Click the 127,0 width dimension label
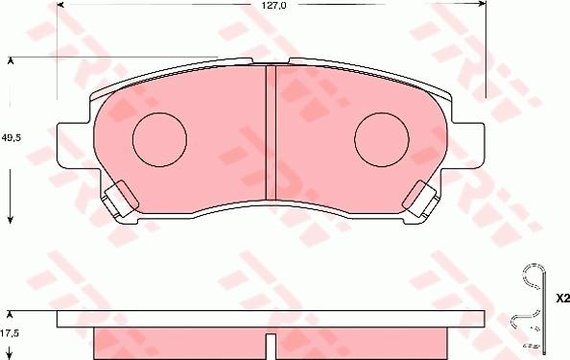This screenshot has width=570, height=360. click(x=275, y=6)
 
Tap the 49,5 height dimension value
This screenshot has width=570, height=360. click(x=12, y=137)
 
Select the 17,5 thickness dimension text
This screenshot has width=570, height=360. click(x=10, y=332)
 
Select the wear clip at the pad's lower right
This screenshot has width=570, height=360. click(x=421, y=199)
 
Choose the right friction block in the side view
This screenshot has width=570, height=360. click(x=363, y=343)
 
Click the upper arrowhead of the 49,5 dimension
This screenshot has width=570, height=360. click(x=11, y=61)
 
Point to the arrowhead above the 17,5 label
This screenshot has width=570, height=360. click(x=11, y=314)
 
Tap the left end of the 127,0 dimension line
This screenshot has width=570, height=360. click(x=59, y=7)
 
